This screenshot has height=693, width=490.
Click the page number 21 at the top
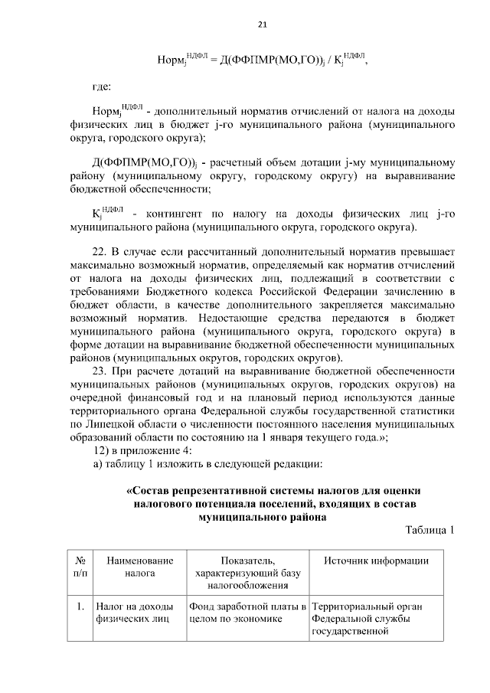[262, 25]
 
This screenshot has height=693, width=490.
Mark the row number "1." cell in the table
[80, 607]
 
